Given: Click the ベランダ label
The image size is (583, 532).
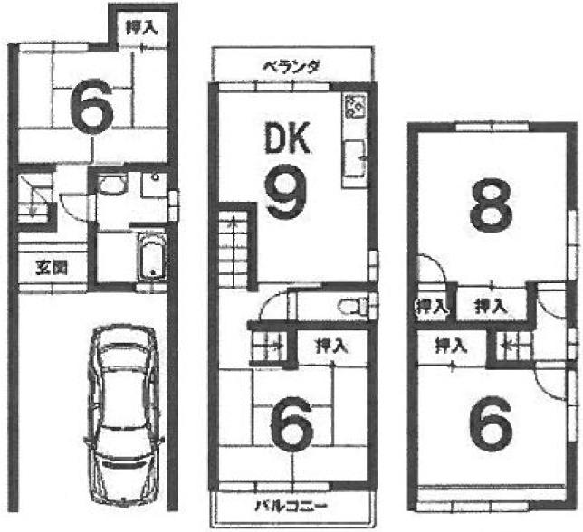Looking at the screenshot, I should (x=291, y=66).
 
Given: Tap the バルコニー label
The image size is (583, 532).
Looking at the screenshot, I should (x=290, y=505).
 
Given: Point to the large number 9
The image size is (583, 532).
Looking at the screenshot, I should (x=285, y=193).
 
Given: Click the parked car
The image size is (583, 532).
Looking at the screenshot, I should (x=124, y=404).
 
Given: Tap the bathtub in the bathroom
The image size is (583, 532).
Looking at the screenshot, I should (x=151, y=256).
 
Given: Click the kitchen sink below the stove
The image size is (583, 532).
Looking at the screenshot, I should (x=353, y=159).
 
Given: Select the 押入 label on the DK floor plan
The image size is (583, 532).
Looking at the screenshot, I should (x=330, y=345).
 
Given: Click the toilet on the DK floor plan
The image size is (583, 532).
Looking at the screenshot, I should (x=352, y=306).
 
